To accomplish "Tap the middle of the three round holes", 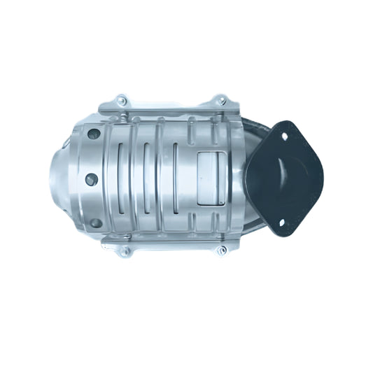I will (91, 179).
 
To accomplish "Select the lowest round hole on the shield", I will (96, 223).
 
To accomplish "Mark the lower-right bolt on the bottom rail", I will (220, 250).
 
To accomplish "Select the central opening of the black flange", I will (290, 178).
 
